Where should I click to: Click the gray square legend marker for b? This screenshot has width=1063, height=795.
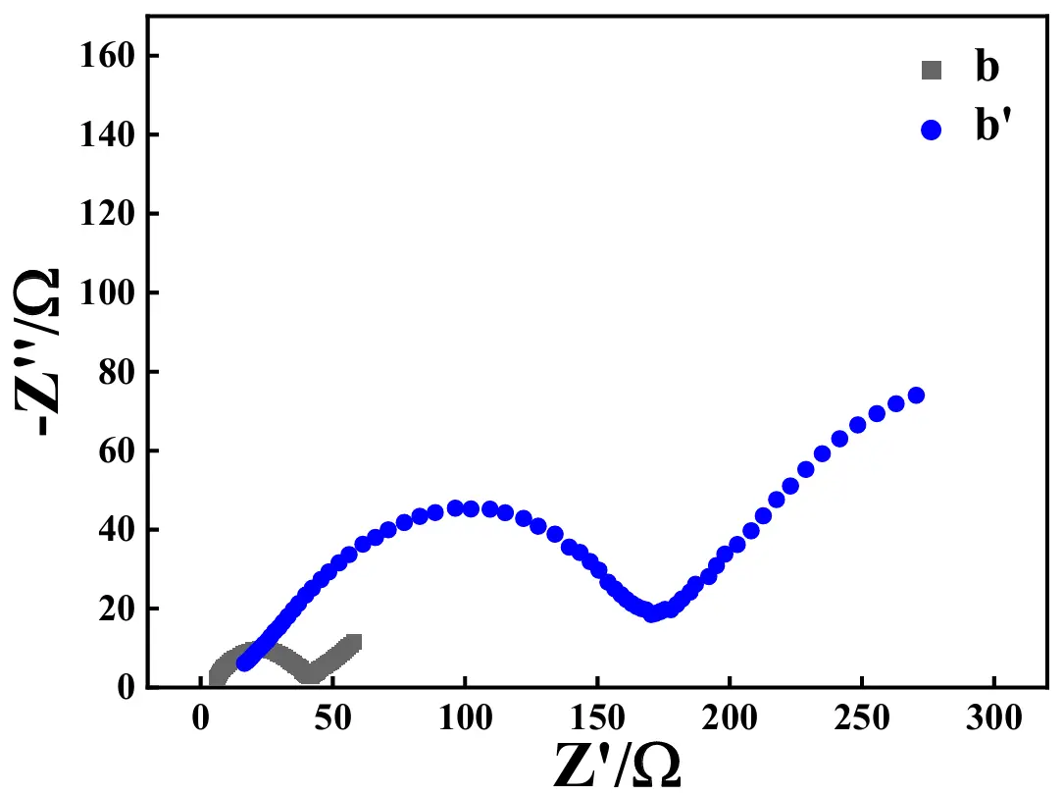tap(931, 70)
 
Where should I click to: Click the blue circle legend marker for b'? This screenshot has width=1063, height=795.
tap(931, 130)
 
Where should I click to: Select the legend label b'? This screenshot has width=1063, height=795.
tap(992, 128)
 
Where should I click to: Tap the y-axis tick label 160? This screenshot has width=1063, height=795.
tap(106, 56)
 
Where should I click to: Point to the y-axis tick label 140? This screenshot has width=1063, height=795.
tap(106, 134)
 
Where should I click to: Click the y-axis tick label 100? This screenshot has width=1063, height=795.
tap(106, 292)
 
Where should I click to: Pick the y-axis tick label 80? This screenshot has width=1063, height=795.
tap(115, 372)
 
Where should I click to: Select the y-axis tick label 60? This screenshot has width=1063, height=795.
tap(115, 450)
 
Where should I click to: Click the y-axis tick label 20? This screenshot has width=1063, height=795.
tap(115, 609)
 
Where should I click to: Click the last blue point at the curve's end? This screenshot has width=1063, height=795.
tap(917, 396)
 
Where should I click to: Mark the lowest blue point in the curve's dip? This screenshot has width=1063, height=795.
tap(651, 613)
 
